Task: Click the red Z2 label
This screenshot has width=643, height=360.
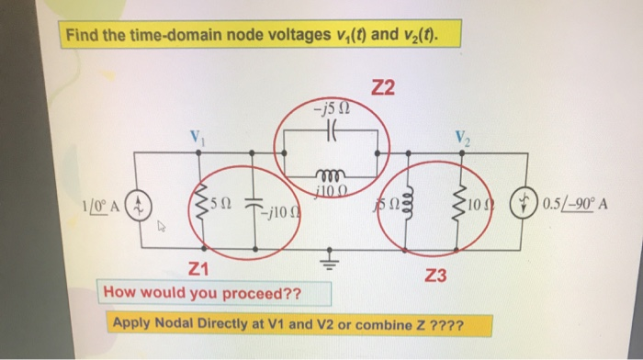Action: click(383, 88)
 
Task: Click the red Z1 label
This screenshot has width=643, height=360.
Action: click(198, 269)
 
